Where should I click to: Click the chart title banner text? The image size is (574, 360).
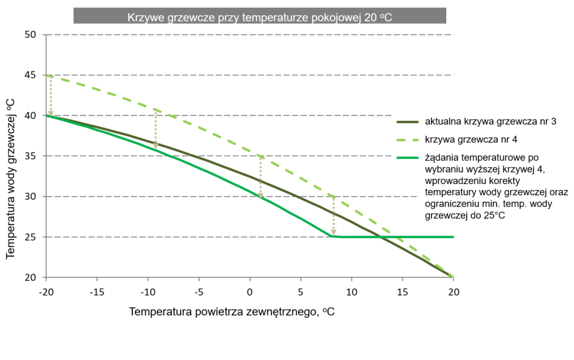click(259, 17)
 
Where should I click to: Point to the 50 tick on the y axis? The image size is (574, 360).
click(30, 35)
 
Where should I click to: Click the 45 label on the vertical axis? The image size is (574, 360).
click(30, 75)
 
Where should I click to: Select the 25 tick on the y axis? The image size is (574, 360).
click(30, 237)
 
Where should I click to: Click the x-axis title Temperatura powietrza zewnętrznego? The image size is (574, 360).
click(232, 311)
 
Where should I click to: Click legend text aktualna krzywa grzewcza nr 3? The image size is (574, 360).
click(490, 121)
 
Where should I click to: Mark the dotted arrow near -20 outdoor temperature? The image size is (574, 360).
click(50, 95)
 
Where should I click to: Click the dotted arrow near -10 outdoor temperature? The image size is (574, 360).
click(155, 129)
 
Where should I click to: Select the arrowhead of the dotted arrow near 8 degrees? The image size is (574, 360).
click(334, 232)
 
